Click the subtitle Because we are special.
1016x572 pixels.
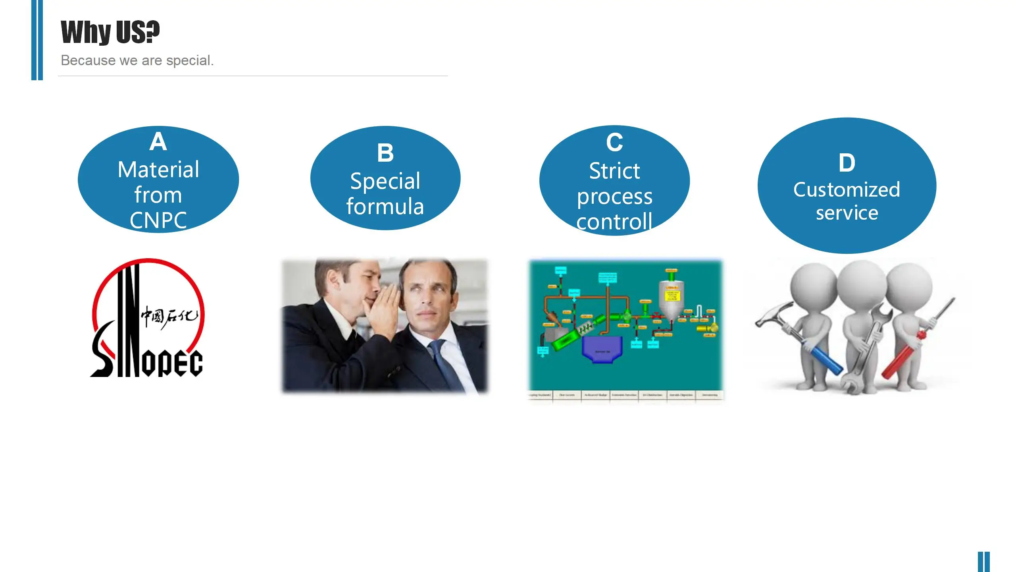tap(137, 60)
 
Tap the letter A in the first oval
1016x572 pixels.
tap(158, 142)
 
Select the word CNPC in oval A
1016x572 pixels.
tap(158, 220)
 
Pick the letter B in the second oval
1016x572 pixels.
tap(385, 153)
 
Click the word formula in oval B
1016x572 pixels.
tap(385, 207)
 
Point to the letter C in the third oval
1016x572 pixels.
tap(614, 142)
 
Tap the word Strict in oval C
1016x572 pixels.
tap(614, 171)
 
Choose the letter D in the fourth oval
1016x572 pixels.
tap(847, 163)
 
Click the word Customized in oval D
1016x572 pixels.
tap(847, 190)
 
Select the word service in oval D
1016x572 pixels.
tap(847, 213)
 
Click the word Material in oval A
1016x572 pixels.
tap(158, 170)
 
